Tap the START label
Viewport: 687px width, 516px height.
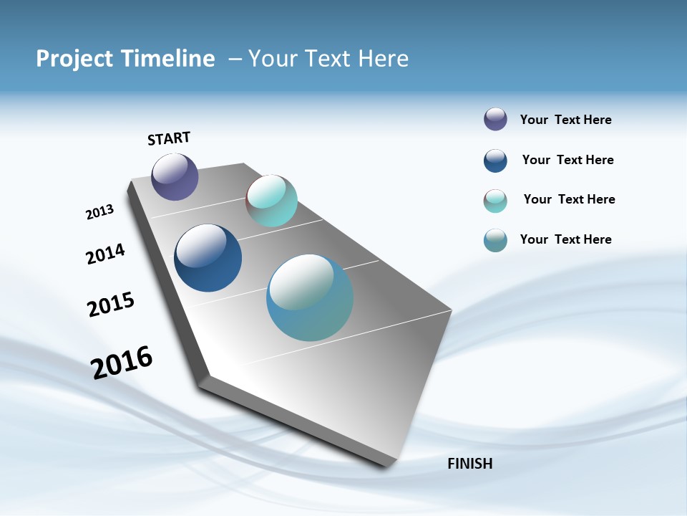[169, 138]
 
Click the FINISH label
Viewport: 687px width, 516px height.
[469, 464]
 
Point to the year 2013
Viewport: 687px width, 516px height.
[99, 212]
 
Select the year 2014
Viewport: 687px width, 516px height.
[105, 254]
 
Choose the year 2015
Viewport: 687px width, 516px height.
[110, 305]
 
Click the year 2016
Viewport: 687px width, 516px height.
[122, 363]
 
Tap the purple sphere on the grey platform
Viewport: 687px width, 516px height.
[175, 176]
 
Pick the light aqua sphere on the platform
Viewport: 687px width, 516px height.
[271, 201]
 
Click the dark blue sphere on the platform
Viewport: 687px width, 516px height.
[208, 258]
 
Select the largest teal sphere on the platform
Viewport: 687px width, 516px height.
[310, 297]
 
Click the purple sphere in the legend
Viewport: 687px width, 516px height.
[495, 119]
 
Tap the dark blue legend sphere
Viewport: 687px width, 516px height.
[495, 161]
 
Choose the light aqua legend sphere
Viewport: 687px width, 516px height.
[495, 201]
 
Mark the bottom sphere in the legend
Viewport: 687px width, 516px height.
[495, 240]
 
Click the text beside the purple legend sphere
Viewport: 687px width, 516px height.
[565, 120]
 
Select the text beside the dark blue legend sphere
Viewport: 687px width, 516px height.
[567, 160]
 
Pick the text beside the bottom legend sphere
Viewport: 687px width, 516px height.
[565, 239]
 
